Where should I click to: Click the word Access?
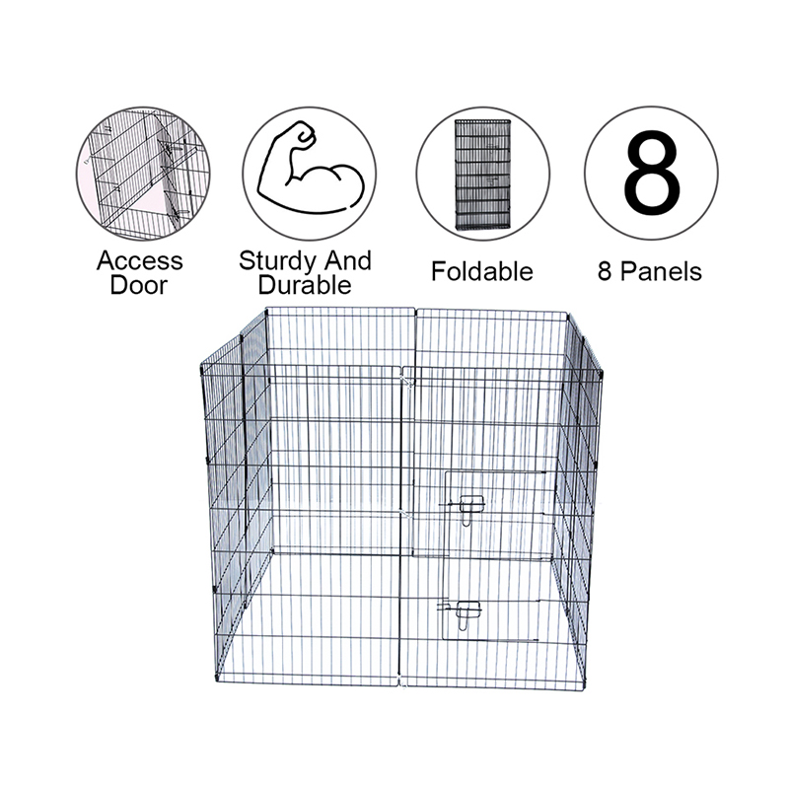[139, 261]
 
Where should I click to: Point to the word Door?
[139, 286]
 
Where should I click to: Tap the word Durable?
[307, 286]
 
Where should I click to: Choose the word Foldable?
[481, 271]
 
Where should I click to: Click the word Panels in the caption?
[663, 271]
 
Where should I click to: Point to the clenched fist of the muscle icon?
[300, 135]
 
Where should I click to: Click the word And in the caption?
[348, 261]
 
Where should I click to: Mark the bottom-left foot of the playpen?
[218, 681]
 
